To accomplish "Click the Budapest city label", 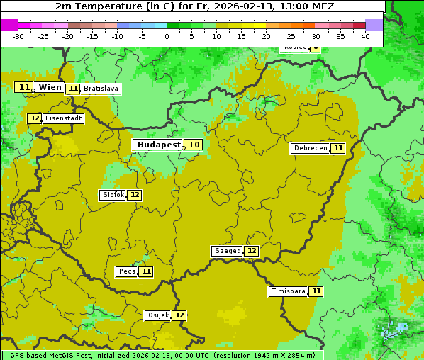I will (x=160, y=145).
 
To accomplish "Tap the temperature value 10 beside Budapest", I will (x=194, y=145).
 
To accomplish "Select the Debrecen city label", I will (x=311, y=148).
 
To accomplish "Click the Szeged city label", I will (x=228, y=251).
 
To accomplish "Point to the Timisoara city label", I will (x=289, y=291).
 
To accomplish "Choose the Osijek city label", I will (x=158, y=315).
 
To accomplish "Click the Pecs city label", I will (x=127, y=271).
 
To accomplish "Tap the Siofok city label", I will (x=113, y=195).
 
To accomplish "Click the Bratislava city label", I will (x=100, y=89).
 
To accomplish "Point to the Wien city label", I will (x=50, y=87).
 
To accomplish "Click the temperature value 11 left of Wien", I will (x=25, y=87).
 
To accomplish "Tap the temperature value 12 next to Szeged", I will (x=252, y=251).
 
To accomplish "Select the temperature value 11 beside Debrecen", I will (x=338, y=148).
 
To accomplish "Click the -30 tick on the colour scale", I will (x=18, y=36).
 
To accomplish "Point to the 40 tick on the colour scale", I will (x=365, y=36).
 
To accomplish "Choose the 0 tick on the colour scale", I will (x=167, y=36).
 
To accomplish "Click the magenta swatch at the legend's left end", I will (x=9, y=25).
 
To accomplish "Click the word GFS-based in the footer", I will (x=29, y=355).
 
